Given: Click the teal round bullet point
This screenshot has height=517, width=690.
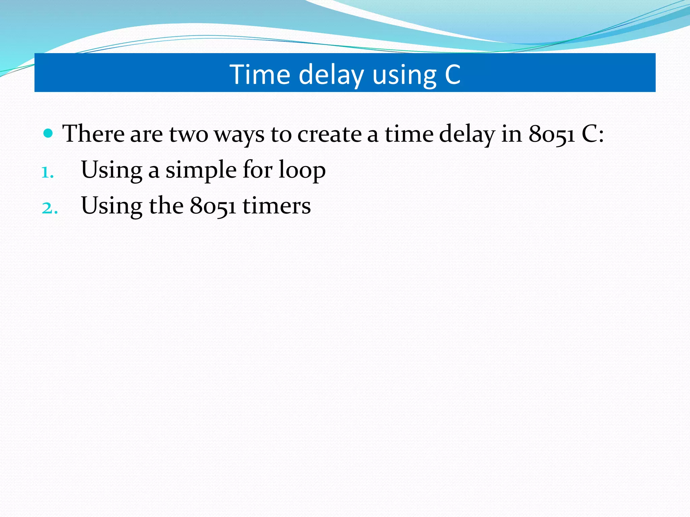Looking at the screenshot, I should (49, 134).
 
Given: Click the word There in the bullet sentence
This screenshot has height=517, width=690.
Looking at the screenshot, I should (93, 134).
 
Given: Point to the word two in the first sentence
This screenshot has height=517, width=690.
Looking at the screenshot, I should (189, 134).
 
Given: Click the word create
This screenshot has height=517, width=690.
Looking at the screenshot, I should (329, 134).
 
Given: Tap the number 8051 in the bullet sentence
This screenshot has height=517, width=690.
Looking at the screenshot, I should (552, 134).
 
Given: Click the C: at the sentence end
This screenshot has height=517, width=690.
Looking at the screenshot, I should (593, 134).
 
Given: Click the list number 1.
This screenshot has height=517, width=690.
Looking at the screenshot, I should (47, 173).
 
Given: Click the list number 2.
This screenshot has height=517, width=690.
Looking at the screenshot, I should (50, 208).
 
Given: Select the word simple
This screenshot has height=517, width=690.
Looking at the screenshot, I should (201, 170).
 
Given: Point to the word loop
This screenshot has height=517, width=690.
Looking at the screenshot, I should (302, 170).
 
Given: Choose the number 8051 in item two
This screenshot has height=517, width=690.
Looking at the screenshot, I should (213, 206).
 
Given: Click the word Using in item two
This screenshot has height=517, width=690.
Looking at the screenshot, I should (112, 206).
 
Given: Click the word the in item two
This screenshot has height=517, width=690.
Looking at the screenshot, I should (166, 206).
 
